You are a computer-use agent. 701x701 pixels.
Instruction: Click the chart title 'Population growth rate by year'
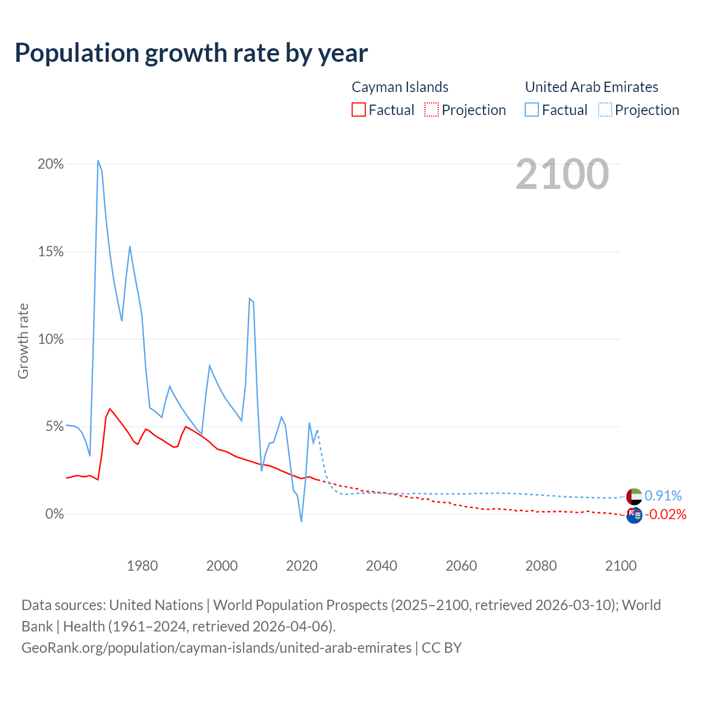click(191, 53)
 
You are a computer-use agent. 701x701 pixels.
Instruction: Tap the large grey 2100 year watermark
click(562, 174)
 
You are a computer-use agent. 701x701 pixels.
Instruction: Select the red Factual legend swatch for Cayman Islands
click(359, 110)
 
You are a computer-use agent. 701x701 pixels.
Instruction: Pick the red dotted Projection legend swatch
click(432, 110)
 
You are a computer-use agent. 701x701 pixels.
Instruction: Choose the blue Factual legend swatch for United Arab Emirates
click(532, 110)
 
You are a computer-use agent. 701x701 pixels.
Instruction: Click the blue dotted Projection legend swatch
click(605, 110)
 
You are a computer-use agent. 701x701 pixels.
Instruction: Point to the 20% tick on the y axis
click(50, 164)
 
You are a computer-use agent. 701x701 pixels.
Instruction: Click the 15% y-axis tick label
click(50, 252)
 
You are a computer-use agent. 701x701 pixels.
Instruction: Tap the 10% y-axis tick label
click(50, 339)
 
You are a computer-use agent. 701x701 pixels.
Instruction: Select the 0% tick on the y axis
click(54, 514)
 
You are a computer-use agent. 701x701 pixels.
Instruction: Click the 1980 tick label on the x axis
click(142, 566)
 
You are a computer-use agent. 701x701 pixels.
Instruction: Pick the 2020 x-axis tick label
click(302, 566)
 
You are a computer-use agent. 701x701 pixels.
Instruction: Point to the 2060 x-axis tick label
click(461, 566)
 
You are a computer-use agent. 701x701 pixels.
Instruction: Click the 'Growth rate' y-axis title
click(23, 341)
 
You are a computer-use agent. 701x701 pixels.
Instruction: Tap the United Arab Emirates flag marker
click(634, 496)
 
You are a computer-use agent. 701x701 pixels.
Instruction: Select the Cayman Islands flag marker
click(634, 515)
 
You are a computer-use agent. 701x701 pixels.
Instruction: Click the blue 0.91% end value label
click(663, 496)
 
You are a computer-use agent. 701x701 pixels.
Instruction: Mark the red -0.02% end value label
click(665, 515)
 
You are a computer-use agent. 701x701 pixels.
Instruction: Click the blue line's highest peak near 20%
click(98, 161)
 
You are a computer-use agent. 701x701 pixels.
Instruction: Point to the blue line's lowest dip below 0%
click(301, 521)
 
